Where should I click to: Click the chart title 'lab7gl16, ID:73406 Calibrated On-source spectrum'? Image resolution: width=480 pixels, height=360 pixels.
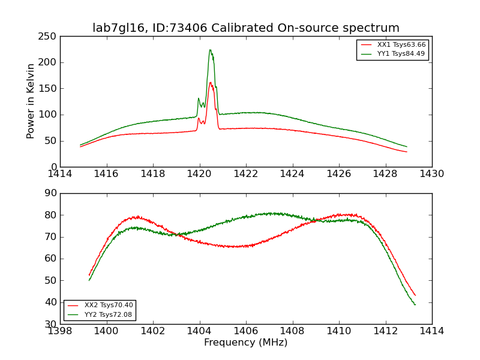(x=246, y=28)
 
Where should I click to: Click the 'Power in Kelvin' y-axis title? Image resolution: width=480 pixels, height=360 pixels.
(x=31, y=101)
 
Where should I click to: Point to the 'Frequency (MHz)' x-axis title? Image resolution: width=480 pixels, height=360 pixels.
(x=246, y=343)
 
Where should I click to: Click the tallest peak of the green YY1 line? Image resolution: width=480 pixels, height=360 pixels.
(x=210, y=50)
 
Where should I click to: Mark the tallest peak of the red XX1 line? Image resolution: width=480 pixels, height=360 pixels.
(x=211, y=82)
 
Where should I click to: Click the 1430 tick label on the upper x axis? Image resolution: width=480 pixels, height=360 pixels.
(x=431, y=174)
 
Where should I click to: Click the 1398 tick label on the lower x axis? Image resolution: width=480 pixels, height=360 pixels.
(x=60, y=331)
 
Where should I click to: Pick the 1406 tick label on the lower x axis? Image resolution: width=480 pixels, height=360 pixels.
(x=246, y=331)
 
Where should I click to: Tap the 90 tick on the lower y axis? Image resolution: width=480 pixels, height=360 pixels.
(x=51, y=193)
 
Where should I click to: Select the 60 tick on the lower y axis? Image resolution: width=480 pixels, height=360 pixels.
(x=51, y=259)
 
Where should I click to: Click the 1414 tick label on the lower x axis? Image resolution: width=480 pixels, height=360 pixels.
(x=431, y=331)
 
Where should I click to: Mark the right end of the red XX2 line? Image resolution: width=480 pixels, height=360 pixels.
(x=415, y=295)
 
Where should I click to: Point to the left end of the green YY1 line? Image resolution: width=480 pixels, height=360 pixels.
(x=80, y=145)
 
